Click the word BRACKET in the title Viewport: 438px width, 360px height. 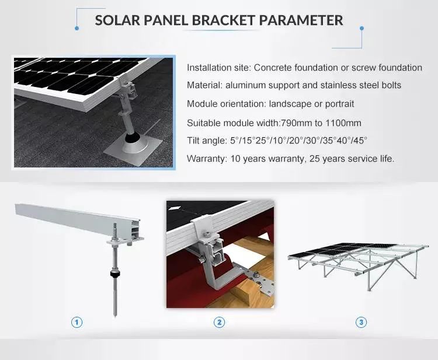(x=223, y=20)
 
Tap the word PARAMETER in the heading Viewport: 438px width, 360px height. (x=301, y=20)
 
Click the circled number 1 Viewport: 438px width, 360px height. (x=77, y=323)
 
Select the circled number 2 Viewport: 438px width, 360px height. (x=219, y=323)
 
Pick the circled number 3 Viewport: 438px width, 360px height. (x=361, y=323)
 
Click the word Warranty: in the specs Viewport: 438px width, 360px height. (x=206, y=159)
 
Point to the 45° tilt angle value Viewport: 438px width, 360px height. (x=360, y=141)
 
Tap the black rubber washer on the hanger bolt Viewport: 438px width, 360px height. (x=114, y=274)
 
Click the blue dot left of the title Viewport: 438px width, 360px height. (x=77, y=28)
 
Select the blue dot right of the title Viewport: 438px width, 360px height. (x=361, y=28)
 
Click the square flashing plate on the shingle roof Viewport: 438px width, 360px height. (x=133, y=147)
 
